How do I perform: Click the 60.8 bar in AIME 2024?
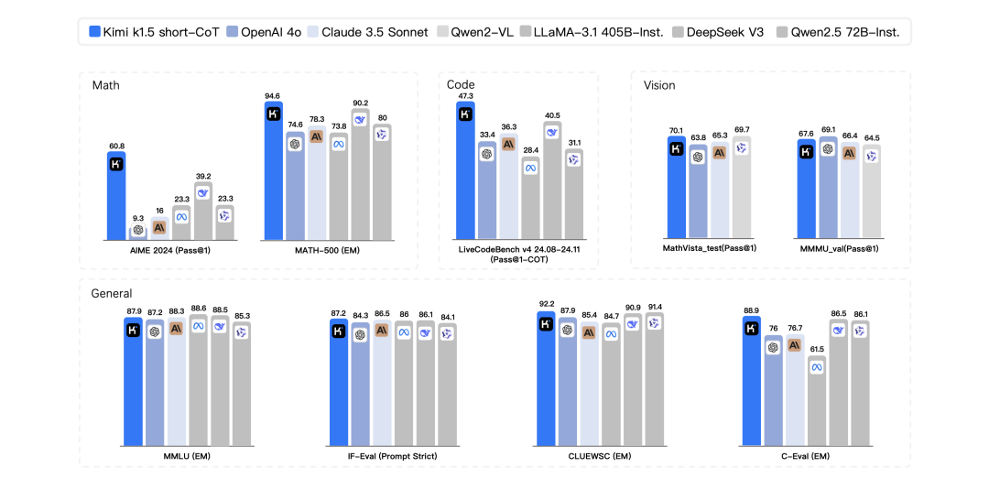pyautogui.click(x=116, y=196)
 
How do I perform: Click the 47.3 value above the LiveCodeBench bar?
pyautogui.click(x=464, y=95)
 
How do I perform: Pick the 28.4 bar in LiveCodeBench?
pyautogui.click(x=529, y=197)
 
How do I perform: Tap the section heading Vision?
pyautogui.click(x=659, y=85)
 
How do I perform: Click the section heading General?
pyautogui.click(x=112, y=293)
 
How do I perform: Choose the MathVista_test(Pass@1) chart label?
pyautogui.click(x=708, y=248)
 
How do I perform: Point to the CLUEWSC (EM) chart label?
pyautogui.click(x=597, y=455)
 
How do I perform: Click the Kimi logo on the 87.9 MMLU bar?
pyautogui.click(x=134, y=331)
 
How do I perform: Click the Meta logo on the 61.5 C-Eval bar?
pyautogui.click(x=816, y=367)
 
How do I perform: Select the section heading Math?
pyautogui.click(x=106, y=85)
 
